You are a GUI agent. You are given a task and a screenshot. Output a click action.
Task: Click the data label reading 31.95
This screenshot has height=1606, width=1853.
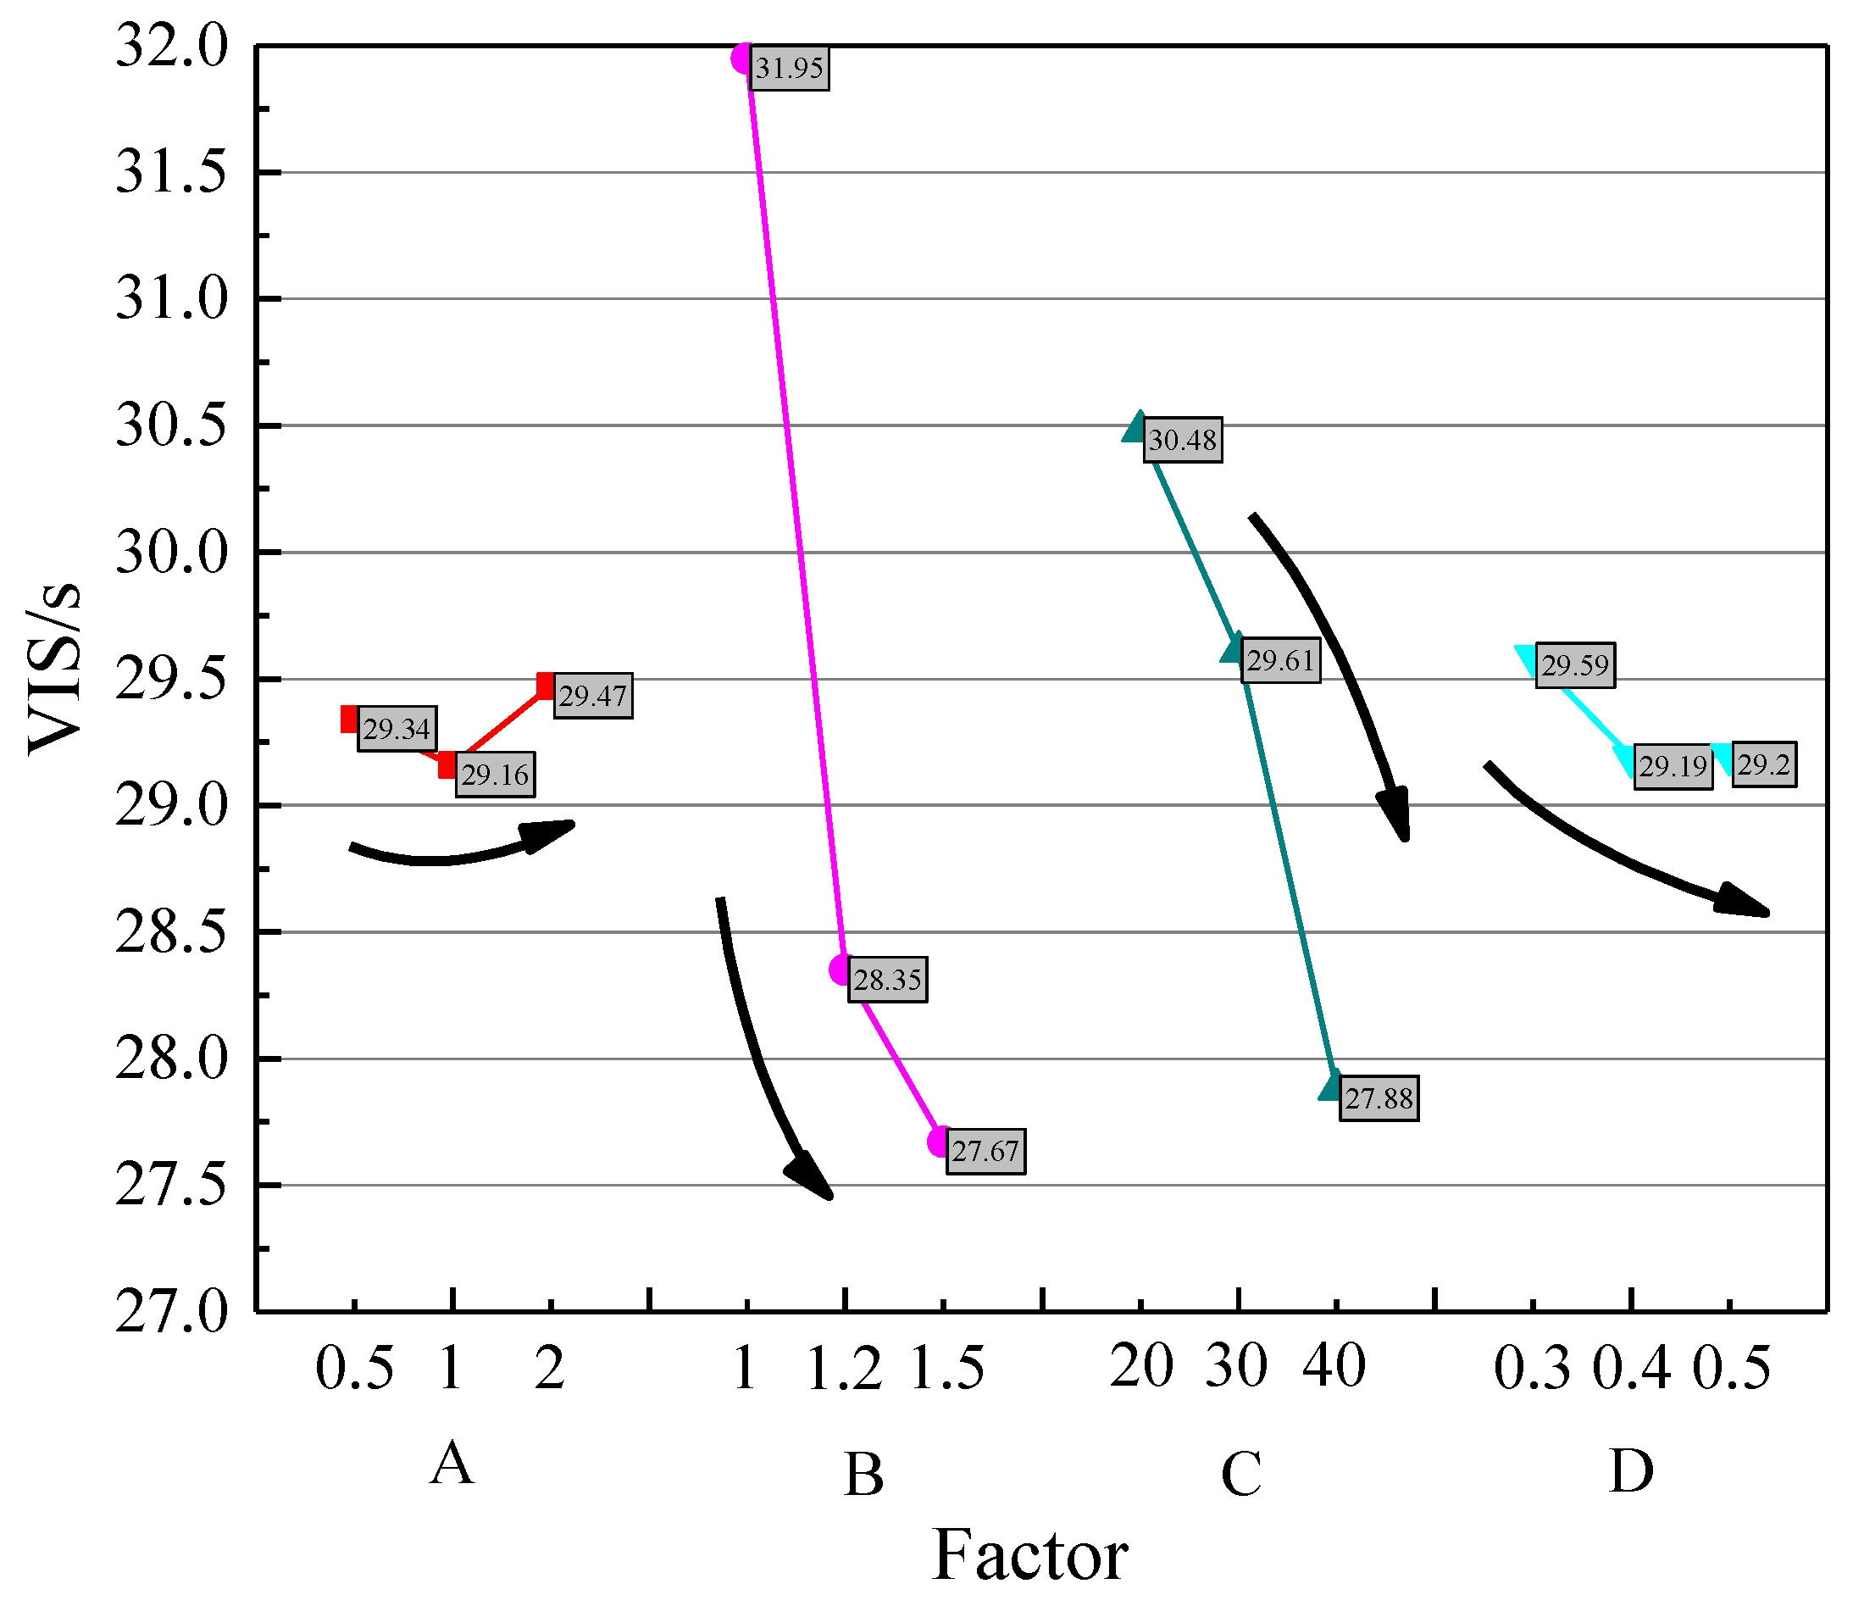(789, 68)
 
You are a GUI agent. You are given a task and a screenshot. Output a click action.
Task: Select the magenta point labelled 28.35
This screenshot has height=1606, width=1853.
(841, 970)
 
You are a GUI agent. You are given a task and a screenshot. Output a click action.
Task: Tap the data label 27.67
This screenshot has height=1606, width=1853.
(985, 1151)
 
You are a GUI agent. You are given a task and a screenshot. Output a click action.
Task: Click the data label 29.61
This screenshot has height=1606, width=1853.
(1279, 661)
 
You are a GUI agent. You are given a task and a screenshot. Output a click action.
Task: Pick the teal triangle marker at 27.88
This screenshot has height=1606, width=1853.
(1333, 1087)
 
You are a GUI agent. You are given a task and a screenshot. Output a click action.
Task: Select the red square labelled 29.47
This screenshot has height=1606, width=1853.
(546, 686)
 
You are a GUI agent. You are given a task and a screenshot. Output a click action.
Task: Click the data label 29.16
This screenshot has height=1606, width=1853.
(495, 775)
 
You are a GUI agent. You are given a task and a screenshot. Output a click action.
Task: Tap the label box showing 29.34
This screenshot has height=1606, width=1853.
(397, 729)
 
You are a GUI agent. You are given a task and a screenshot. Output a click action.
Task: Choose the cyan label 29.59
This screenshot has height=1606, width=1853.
(1574, 665)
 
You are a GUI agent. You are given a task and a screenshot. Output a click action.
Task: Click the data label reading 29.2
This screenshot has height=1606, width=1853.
(1762, 764)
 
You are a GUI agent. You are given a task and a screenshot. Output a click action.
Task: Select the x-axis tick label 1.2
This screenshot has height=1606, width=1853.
(844, 1370)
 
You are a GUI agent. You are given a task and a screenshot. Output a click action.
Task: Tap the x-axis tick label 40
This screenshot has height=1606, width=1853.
(1334, 1368)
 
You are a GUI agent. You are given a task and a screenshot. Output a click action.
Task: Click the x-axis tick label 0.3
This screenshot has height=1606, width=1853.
(1532, 1370)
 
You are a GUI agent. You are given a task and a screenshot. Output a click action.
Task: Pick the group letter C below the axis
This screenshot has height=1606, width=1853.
(1241, 1475)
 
